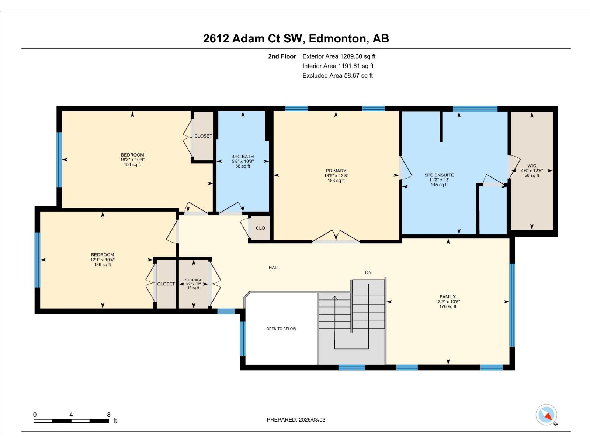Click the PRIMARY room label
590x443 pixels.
[x=336, y=171]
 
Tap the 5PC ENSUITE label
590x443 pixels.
[x=439, y=175]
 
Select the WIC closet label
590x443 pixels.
[x=532, y=166]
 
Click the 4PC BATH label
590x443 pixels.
[x=243, y=157]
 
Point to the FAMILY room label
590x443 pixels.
[x=448, y=297]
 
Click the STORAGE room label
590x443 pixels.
[x=193, y=280]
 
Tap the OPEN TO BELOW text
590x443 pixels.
[x=281, y=329]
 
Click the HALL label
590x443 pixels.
[x=274, y=268]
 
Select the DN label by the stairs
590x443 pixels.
[x=368, y=272]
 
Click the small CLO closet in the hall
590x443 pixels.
[x=260, y=228]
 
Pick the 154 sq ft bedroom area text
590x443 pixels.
[x=132, y=165]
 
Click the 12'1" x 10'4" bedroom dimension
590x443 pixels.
[x=103, y=260]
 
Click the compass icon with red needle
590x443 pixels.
[x=546, y=415]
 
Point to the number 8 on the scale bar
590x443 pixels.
[x=108, y=415]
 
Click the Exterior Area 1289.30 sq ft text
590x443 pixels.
[x=339, y=56]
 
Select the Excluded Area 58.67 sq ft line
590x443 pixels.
[x=337, y=75]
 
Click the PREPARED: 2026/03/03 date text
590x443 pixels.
[x=296, y=420]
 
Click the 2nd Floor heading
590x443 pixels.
[x=282, y=56]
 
